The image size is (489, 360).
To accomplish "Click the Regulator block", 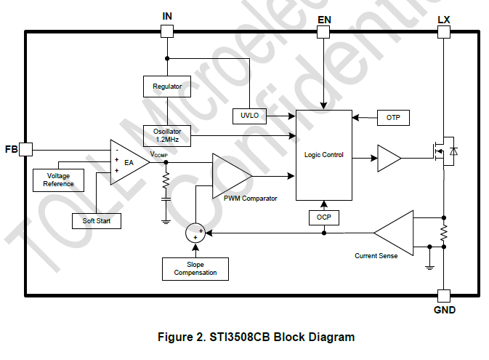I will pyautogui.click(x=167, y=86).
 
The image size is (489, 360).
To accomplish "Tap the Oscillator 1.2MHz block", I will pyautogui.click(x=167, y=134).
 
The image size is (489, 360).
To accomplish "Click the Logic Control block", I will pyautogui.click(x=323, y=155).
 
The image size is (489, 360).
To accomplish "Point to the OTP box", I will pyautogui.click(x=393, y=118).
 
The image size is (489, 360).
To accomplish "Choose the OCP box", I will pyautogui.click(x=323, y=217).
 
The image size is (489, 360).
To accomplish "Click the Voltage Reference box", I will pyautogui.click(x=59, y=180).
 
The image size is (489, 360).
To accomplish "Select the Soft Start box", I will pyautogui.click(x=96, y=220).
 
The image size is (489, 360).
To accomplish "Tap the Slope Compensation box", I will pyautogui.click(x=195, y=268).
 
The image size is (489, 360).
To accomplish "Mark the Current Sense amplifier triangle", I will pyautogui.click(x=397, y=233).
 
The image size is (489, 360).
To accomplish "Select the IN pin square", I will pyautogui.click(x=167, y=31).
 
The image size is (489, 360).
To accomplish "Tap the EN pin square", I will pyautogui.click(x=324, y=31).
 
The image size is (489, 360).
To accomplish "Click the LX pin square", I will pyautogui.click(x=444, y=31).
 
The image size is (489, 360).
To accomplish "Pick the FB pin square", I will pyautogui.click(x=26, y=149).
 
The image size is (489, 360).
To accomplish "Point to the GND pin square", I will pyautogui.click(x=444, y=295).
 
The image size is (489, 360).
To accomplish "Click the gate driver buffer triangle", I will pyautogui.click(x=388, y=158).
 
